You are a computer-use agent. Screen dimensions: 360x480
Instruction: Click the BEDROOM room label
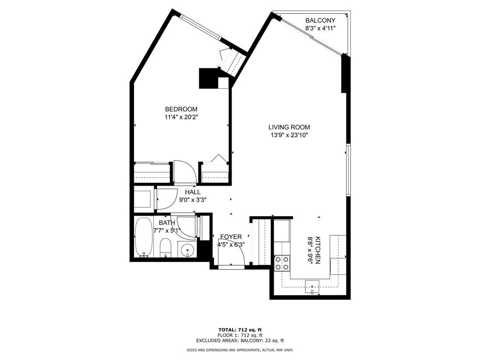[x=181, y=109]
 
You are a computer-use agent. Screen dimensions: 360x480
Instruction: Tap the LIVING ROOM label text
[x=289, y=127]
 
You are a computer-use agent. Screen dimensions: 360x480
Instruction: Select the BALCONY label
[x=320, y=20]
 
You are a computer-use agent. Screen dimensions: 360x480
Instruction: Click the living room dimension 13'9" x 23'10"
[x=289, y=135]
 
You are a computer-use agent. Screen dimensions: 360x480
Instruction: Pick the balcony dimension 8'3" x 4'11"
[x=320, y=28]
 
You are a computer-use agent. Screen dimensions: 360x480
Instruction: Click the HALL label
[x=192, y=192]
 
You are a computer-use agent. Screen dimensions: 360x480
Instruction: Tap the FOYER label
[x=230, y=237]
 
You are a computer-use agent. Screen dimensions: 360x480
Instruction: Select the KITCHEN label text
[x=318, y=249]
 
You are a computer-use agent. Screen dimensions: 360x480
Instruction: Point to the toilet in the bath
[x=165, y=247]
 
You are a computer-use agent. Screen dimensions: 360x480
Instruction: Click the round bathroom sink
[x=188, y=250]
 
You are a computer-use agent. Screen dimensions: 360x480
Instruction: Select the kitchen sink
[x=312, y=285]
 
